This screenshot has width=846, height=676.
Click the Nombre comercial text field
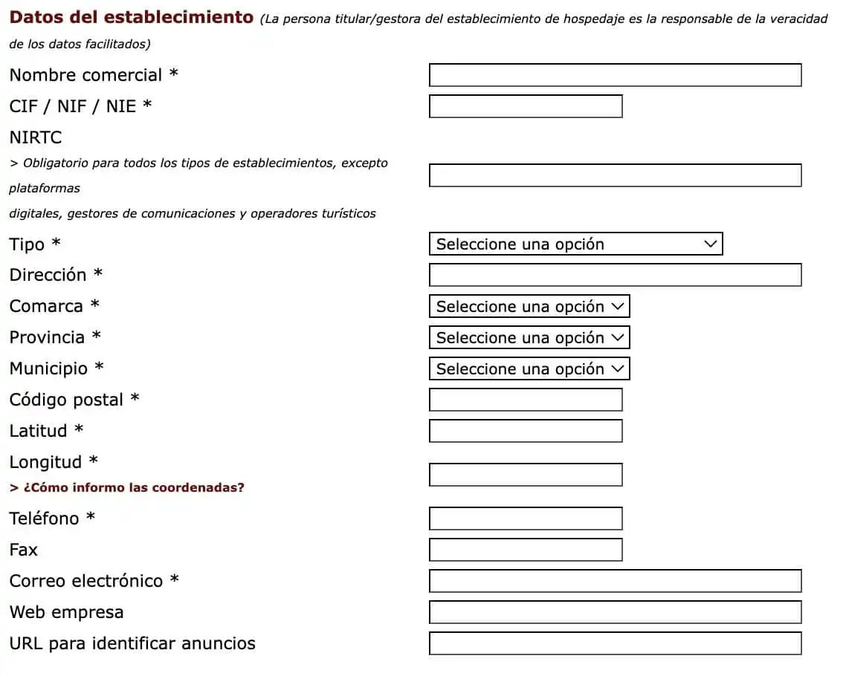click(615, 75)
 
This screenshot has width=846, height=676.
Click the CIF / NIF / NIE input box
click(526, 106)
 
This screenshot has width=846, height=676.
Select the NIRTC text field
click(615, 175)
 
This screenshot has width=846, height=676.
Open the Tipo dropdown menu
click(575, 244)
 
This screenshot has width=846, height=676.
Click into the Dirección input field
click(615, 275)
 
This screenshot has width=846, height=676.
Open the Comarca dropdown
click(529, 306)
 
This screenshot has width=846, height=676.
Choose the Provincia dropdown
click(529, 337)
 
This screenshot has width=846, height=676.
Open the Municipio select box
click(529, 368)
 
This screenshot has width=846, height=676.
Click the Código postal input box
click(526, 400)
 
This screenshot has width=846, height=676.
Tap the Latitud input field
click(526, 431)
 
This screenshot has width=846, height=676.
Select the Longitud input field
click(526, 475)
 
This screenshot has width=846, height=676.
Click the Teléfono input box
click(526, 519)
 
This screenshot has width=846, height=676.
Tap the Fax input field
click(526, 550)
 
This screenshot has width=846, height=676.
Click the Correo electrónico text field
click(615, 581)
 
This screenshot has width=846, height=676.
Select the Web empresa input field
click(615, 612)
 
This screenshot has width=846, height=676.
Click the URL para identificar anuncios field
click(615, 643)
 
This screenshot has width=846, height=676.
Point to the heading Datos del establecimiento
click(132, 17)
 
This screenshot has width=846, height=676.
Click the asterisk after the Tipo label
click(56, 244)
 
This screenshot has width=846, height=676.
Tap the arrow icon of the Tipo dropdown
click(710, 244)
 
